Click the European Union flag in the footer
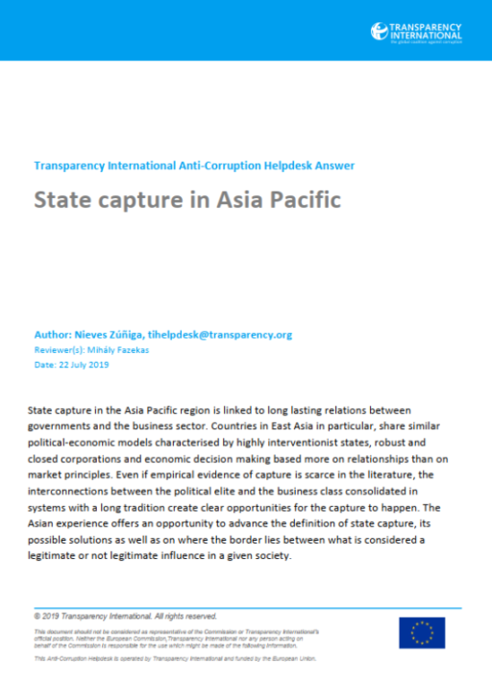[x=422, y=632]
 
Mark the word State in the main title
[x=62, y=200]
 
